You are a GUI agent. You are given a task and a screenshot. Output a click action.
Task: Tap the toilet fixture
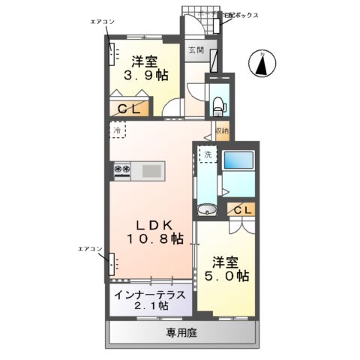pyautogui.click(x=219, y=104)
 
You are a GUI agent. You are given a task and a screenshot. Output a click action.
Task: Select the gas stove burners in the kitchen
pyautogui.click(x=122, y=170)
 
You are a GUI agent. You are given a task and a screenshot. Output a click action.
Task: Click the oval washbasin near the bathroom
pyautogui.click(x=206, y=209)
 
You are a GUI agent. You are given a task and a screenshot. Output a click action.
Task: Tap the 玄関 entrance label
pyautogui.click(x=195, y=49)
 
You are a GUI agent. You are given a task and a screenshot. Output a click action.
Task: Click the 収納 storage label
pyautogui.click(x=221, y=131)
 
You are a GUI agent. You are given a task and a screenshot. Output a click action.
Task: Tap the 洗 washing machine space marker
pyautogui.click(x=206, y=155)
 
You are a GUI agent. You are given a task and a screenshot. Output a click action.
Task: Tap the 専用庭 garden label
pyautogui.click(x=183, y=331)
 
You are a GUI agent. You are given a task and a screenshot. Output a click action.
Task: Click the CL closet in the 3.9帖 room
pyautogui.click(x=135, y=108)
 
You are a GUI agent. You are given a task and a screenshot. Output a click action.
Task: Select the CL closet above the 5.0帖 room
pyautogui.click(x=242, y=210)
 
